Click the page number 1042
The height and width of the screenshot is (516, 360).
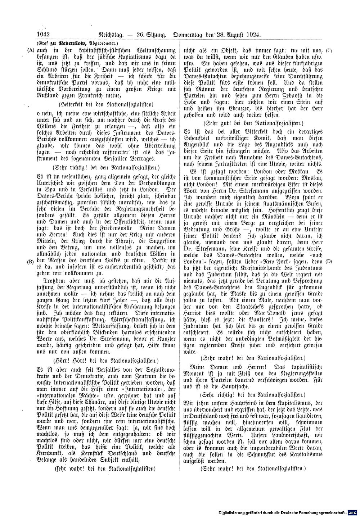pyautogui.click(x=43, y=35)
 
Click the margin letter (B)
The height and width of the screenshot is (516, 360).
pyautogui.click(x=30, y=262)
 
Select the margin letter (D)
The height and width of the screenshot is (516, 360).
pyautogui.click(x=329, y=261)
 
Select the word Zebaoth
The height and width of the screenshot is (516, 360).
pyautogui.click(x=278, y=96)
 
